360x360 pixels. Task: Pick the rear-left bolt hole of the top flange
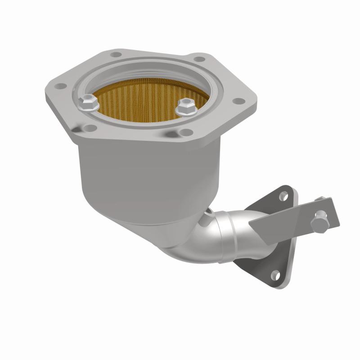pyautogui.click(x=113, y=54)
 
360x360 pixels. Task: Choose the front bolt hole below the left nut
pyautogui.click(x=90, y=128)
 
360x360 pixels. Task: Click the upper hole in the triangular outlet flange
pyautogui.click(x=283, y=196)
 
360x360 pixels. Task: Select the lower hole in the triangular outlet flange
pyautogui.click(x=274, y=274)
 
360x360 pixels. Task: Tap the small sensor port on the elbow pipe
pyautogui.click(x=208, y=215)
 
